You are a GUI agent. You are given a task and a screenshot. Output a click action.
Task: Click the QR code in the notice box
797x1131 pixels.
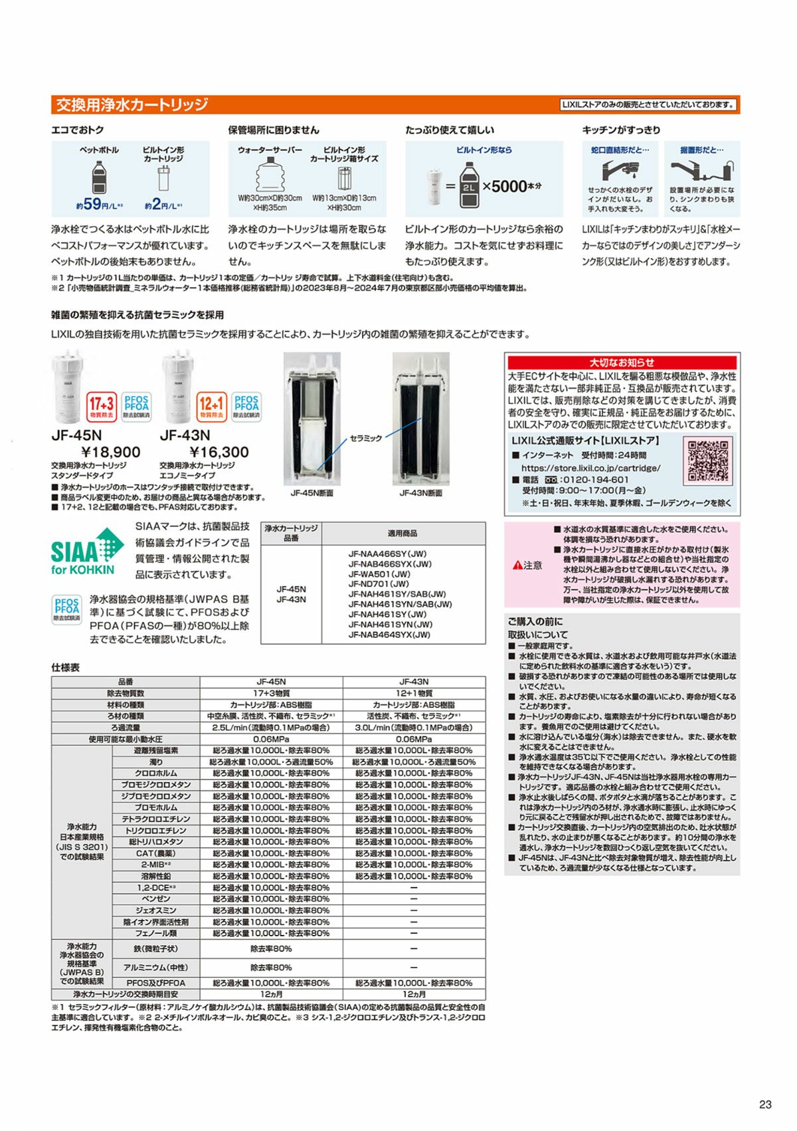tap(708, 460)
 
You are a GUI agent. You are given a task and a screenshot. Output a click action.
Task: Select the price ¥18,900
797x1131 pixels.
tap(106, 453)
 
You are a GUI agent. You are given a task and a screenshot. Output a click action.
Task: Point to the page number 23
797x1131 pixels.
tap(765, 1104)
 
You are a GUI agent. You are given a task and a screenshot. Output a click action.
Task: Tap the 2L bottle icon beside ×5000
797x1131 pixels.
tap(470, 185)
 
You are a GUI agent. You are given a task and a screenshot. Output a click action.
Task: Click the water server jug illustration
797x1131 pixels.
tap(270, 176)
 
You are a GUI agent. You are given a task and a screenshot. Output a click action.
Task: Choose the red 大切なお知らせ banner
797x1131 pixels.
tap(622, 362)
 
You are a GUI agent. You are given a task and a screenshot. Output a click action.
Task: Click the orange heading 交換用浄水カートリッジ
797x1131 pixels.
tap(132, 105)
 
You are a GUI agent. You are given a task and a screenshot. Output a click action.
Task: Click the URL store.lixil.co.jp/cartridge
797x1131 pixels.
tap(590, 468)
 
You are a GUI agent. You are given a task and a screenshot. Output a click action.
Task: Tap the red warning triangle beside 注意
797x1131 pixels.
tap(517, 565)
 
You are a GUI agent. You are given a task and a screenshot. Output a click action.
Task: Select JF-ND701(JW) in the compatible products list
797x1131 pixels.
tap(379, 584)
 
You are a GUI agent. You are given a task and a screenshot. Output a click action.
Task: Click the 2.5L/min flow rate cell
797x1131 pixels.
tap(271, 728)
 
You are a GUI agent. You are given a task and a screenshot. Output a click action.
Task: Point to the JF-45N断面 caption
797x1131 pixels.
tap(311, 494)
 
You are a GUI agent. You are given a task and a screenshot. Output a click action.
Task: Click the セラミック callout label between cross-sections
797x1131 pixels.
tap(366, 439)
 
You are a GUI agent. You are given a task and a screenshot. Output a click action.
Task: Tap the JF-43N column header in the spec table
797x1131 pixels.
tap(414, 682)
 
